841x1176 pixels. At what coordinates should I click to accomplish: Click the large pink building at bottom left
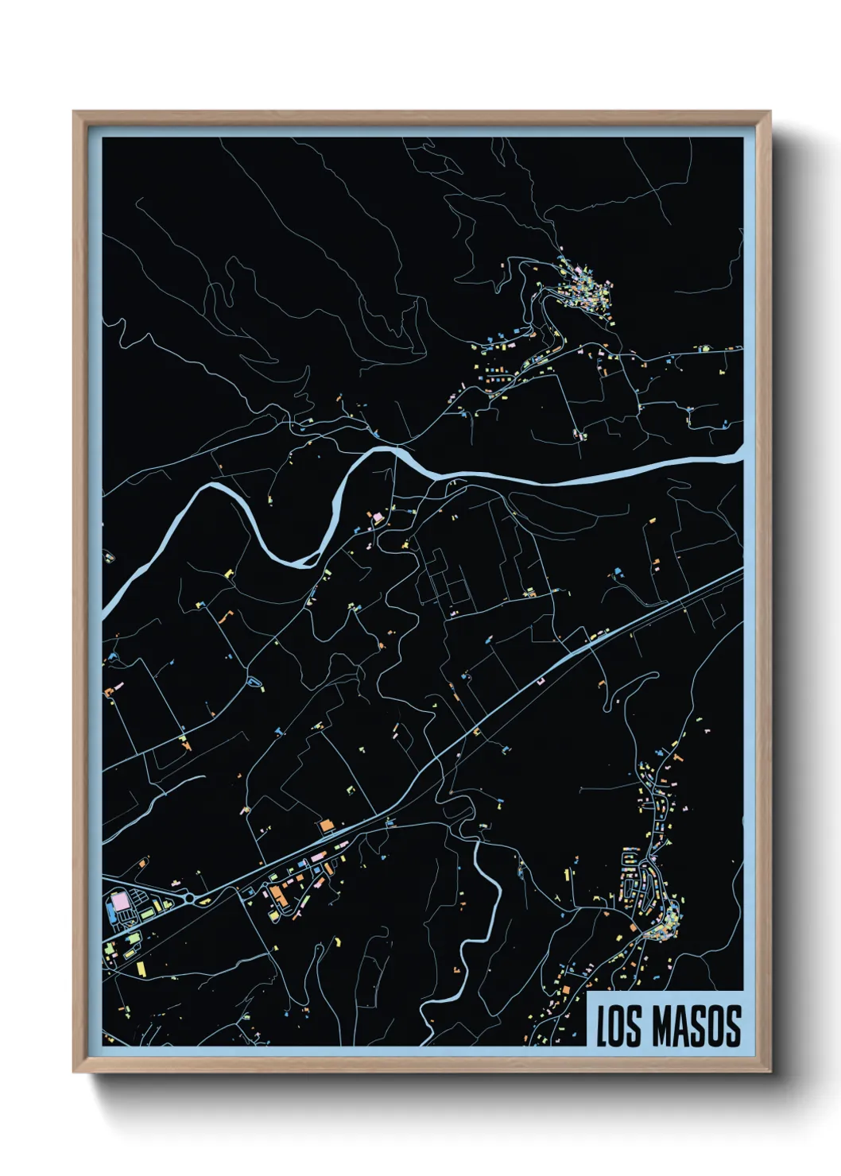click(120, 902)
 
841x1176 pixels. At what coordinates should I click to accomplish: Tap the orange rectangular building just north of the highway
click(326, 826)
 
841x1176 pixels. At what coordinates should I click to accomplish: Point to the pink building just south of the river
click(377, 518)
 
